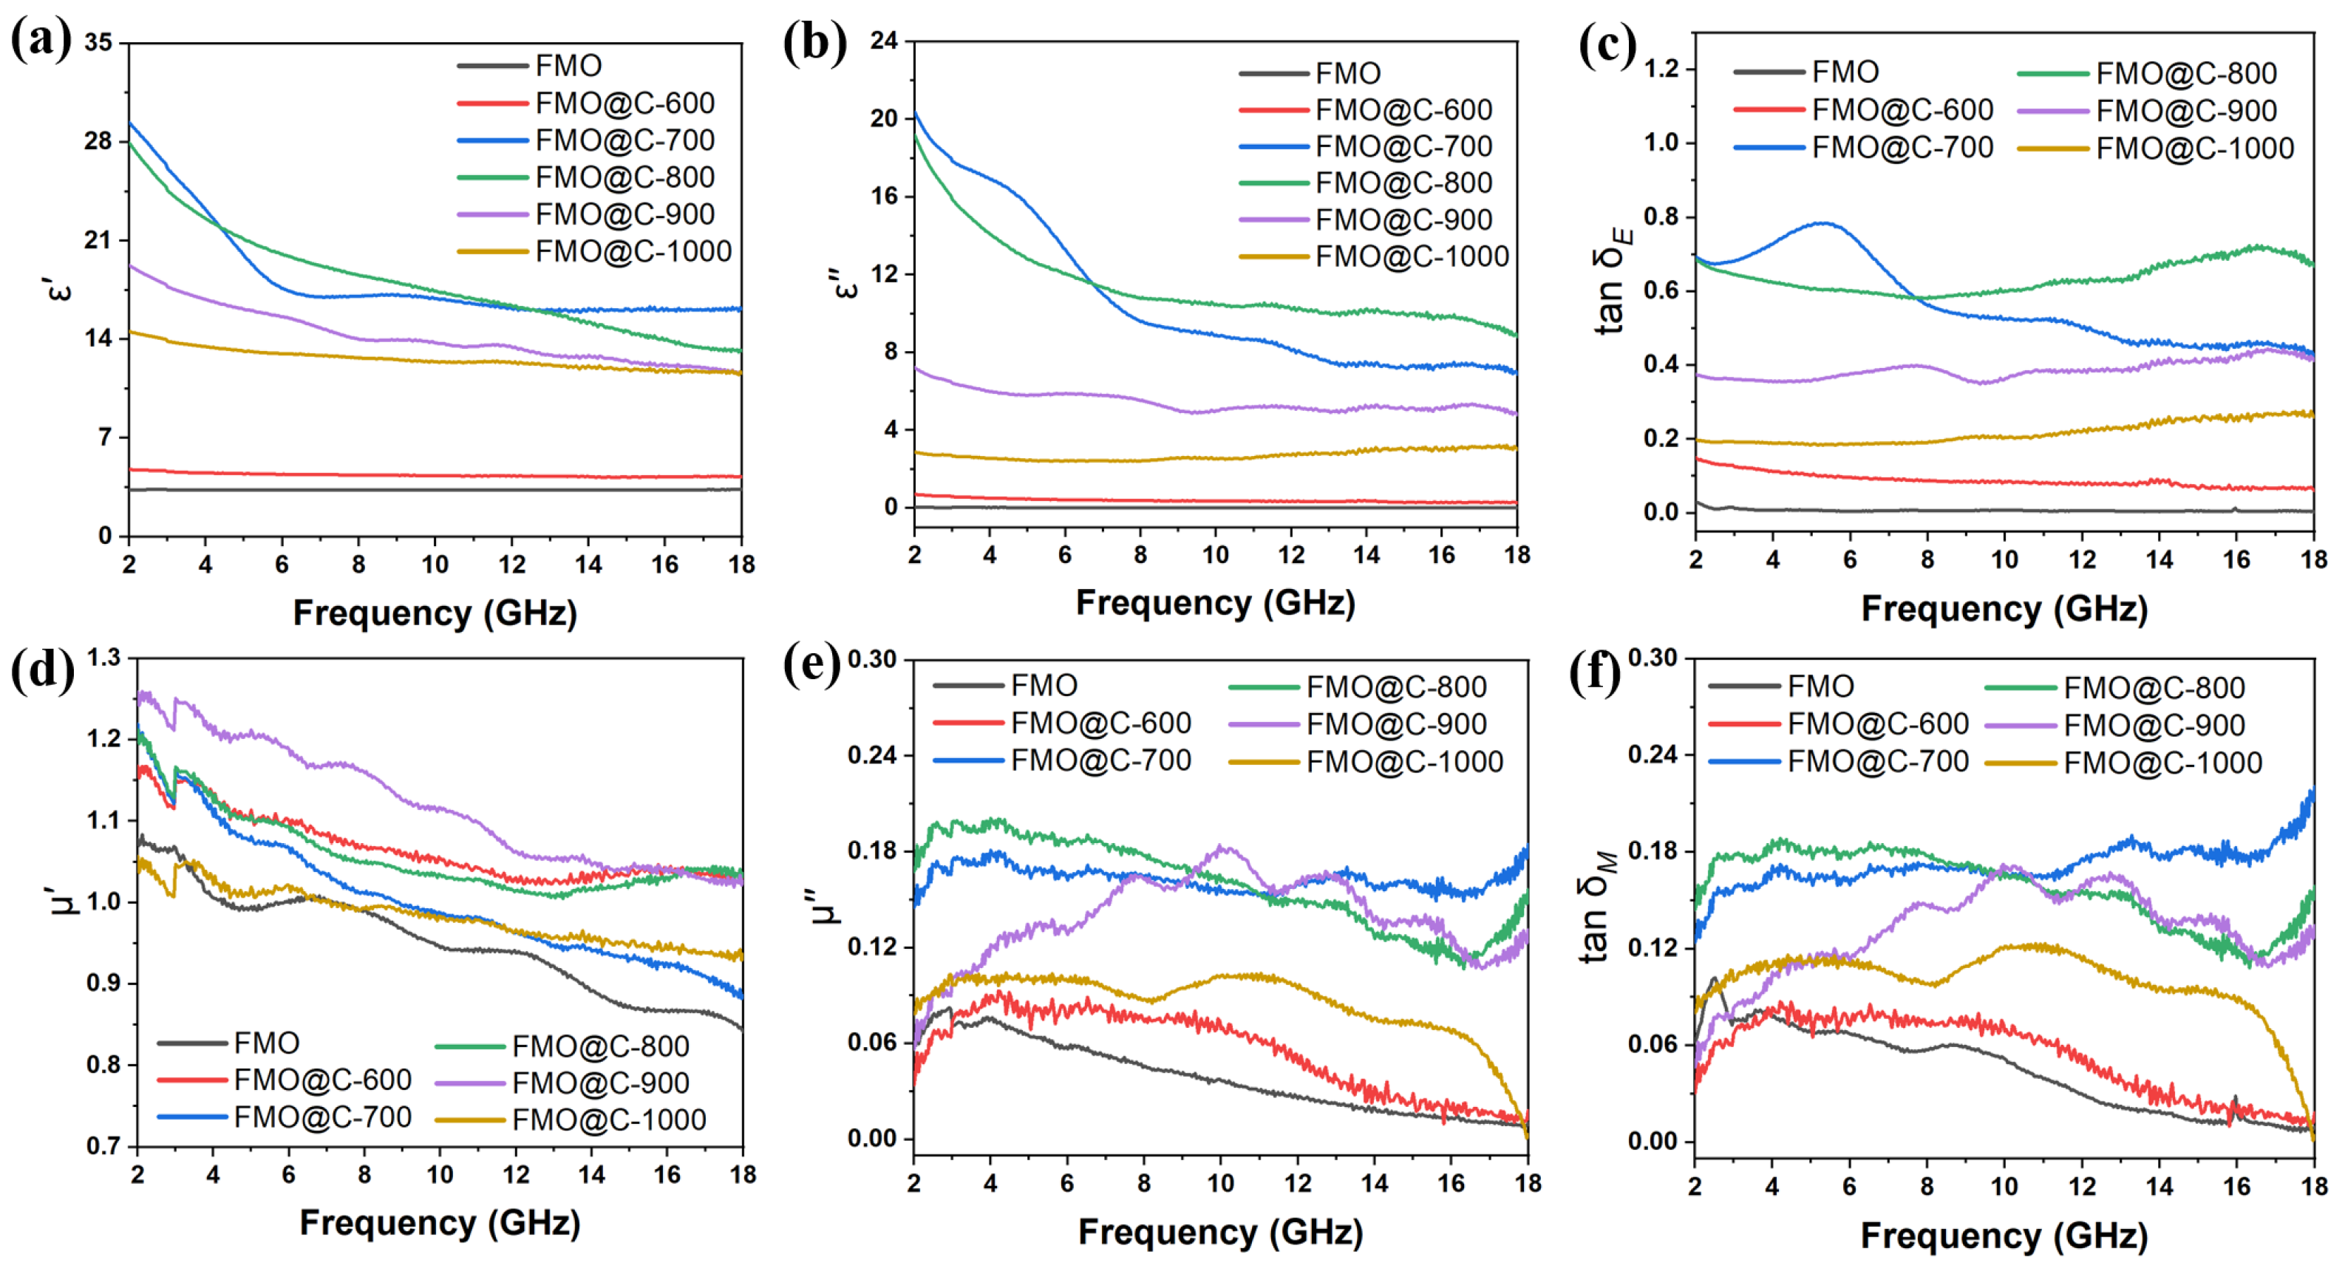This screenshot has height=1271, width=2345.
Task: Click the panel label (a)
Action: (40, 40)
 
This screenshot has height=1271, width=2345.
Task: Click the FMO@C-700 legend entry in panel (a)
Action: (624, 140)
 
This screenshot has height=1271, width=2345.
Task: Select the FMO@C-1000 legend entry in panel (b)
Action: (1411, 256)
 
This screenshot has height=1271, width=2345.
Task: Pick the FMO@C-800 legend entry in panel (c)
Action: (2185, 73)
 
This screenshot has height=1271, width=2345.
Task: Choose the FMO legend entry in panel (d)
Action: (266, 1043)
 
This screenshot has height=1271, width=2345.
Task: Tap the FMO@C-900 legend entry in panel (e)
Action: (1395, 725)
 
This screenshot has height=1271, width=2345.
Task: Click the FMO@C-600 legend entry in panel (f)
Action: (1877, 724)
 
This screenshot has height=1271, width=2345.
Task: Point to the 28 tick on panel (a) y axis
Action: (98, 141)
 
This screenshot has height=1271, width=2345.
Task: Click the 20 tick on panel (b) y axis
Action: (883, 118)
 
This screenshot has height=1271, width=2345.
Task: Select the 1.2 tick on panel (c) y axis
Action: (1662, 69)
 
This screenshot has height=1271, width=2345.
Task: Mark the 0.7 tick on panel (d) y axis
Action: (103, 1145)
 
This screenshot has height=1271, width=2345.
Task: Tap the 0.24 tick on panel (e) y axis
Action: (871, 754)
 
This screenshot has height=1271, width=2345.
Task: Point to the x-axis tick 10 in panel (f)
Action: (2004, 1185)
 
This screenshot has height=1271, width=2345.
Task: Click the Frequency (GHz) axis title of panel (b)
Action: (1215, 603)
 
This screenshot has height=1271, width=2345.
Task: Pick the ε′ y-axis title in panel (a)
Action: (56, 290)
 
